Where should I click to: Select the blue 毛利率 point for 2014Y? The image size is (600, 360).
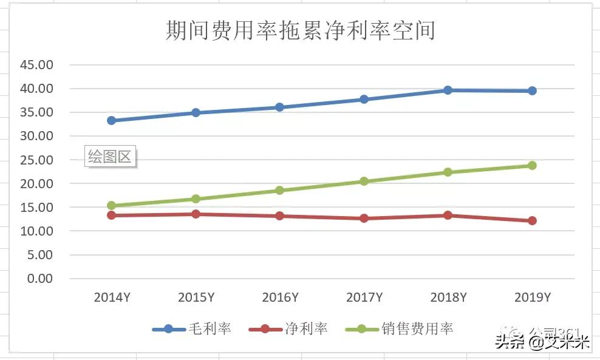point(112,120)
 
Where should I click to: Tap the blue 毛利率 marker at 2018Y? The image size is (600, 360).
point(448,90)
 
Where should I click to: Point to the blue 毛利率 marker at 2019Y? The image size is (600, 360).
point(532,90)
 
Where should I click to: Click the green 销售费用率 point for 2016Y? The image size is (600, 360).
point(279,190)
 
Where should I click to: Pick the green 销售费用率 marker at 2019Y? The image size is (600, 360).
point(532,165)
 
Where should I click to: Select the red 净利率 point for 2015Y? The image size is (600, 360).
point(196,214)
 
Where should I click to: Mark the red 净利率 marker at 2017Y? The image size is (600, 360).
point(364,218)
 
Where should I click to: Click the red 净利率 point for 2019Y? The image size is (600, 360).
point(532,220)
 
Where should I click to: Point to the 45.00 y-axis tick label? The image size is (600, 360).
point(37,64)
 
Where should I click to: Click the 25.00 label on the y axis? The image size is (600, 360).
point(37,160)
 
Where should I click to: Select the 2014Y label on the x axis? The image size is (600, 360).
point(112,297)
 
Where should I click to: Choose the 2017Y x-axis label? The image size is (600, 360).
point(364,297)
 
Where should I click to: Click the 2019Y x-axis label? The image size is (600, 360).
point(532,297)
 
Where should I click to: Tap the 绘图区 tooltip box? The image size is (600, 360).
point(109,157)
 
